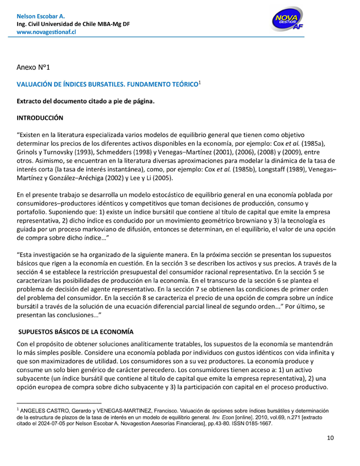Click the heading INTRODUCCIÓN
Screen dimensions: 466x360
tap(44, 119)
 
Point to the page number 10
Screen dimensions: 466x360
tap(332, 438)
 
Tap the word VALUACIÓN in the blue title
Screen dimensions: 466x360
tap(37, 85)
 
